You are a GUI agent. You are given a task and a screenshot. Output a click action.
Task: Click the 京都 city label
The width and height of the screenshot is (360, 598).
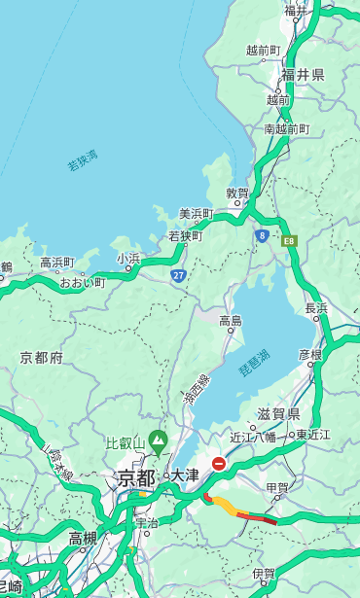(136, 477)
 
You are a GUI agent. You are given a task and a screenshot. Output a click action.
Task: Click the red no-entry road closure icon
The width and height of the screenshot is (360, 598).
(220, 465)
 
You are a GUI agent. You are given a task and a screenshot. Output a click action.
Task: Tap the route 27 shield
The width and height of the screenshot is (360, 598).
(178, 276)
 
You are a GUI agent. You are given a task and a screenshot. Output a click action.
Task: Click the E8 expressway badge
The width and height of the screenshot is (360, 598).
(289, 240)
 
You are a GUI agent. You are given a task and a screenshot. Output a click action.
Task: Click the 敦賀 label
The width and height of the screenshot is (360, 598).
(237, 193)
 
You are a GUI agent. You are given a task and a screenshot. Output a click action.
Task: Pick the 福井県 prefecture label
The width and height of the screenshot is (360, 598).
(303, 75)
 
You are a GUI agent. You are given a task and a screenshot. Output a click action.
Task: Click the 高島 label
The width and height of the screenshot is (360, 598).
(231, 321)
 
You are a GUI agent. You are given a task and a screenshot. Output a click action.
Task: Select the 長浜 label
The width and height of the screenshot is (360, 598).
(316, 308)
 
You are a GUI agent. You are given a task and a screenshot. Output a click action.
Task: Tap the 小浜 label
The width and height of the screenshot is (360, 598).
(128, 259)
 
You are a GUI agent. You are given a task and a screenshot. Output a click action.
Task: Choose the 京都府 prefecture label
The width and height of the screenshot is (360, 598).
(42, 358)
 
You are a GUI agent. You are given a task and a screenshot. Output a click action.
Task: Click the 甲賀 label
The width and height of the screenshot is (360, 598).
(277, 486)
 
